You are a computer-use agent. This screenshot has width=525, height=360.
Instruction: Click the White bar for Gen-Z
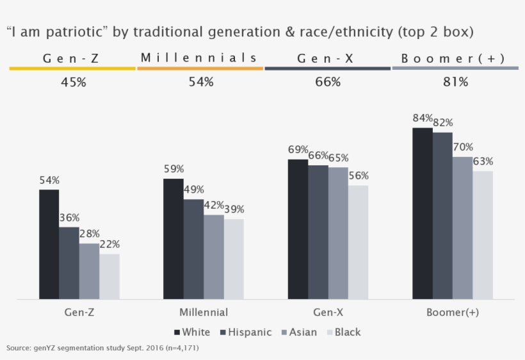tap(49, 244)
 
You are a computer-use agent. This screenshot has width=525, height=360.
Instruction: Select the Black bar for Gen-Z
tap(109, 276)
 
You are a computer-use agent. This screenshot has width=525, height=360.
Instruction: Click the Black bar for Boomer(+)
tap(483, 234)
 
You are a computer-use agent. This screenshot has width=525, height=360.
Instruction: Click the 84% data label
tap(423, 118)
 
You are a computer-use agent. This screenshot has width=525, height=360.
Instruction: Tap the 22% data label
tap(109, 244)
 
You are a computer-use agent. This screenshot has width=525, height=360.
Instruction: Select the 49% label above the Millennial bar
tap(194, 190)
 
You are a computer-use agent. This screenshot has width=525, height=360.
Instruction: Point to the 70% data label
tap(463, 147)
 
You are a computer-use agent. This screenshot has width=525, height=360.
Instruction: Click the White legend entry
tap(192, 332)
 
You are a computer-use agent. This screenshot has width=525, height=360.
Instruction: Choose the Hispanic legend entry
tap(246, 332)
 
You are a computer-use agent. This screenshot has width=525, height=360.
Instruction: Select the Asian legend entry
tap(298, 332)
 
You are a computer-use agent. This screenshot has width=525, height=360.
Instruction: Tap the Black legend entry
tap(343, 332)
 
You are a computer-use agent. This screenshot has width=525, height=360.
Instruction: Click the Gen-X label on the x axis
tap(328, 313)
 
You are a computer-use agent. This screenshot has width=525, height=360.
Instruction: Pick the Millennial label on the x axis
tap(204, 313)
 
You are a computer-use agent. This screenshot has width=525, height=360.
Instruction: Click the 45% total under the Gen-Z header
tap(73, 83)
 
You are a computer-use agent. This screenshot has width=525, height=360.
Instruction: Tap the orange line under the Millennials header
tap(200, 68)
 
